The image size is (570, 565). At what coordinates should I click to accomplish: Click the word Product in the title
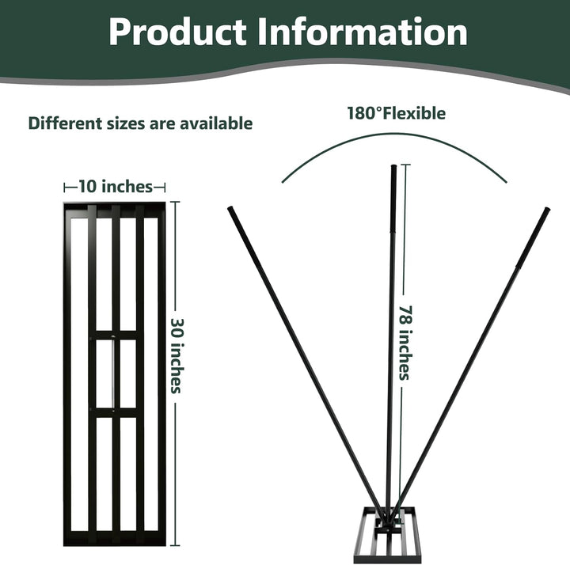pos(177,32)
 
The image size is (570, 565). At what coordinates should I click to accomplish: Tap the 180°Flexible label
pos(397,113)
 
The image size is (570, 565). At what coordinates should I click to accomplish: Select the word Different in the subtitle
pos(66,123)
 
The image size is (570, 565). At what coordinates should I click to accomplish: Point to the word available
pos(216,123)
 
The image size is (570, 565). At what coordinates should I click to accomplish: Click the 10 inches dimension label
pos(116,187)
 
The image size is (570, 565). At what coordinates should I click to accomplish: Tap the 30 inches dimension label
pos(177,356)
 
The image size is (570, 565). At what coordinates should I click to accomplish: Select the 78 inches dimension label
pos(405,343)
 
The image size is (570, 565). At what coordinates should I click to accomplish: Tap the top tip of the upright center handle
pos(393,166)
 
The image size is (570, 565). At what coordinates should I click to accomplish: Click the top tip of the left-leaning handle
pos(230,208)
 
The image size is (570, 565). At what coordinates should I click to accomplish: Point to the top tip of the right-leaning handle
pos(548,209)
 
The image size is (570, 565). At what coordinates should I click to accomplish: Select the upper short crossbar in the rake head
pos(116,335)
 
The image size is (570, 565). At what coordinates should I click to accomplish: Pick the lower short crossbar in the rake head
pos(116,413)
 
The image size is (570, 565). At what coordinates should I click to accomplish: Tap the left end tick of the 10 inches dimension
pos(64,188)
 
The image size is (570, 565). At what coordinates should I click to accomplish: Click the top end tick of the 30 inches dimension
pos(175,202)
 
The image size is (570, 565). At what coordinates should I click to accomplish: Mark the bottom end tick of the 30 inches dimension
pos(175,545)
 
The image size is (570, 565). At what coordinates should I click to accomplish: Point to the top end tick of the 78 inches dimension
pos(405,165)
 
